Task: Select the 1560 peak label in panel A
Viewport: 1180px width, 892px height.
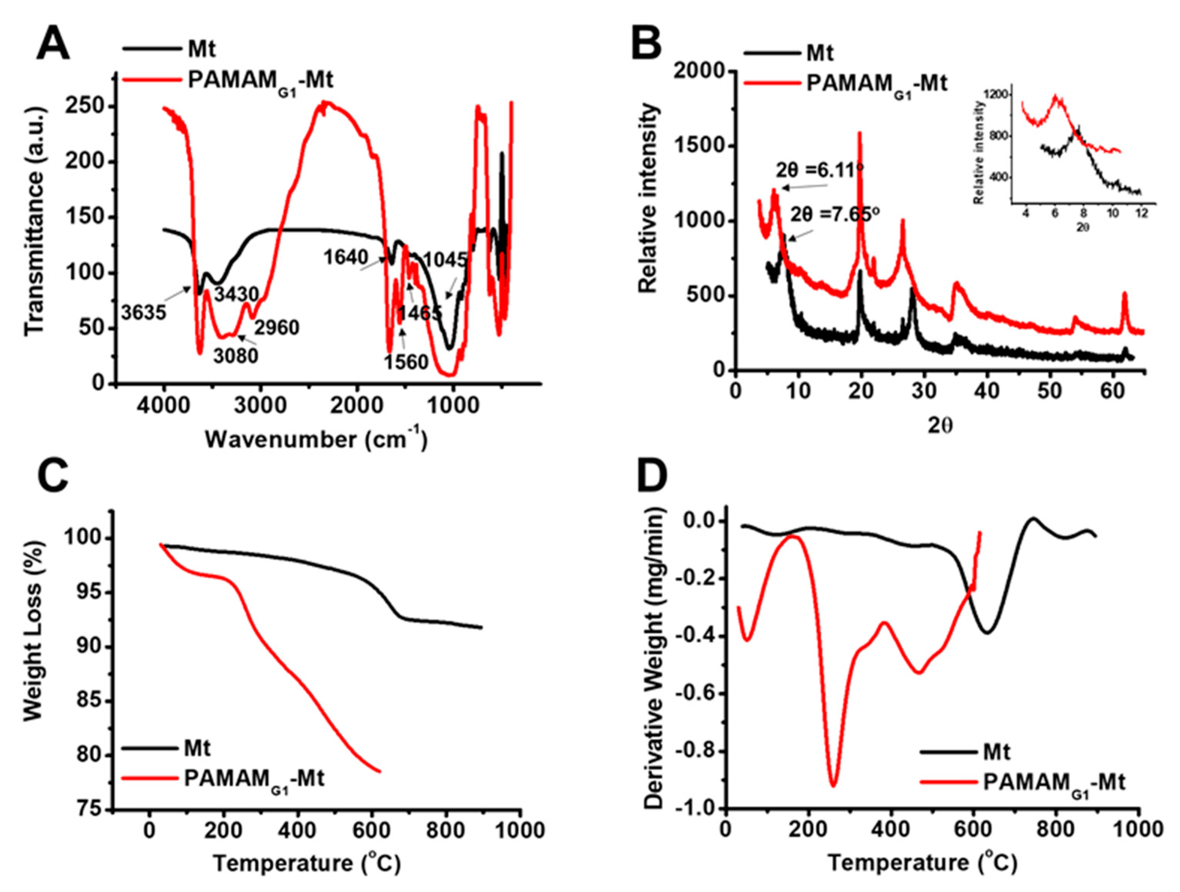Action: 406,362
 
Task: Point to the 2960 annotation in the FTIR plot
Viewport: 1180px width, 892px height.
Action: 276,327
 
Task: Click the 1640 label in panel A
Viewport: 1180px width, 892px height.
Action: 346,258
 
